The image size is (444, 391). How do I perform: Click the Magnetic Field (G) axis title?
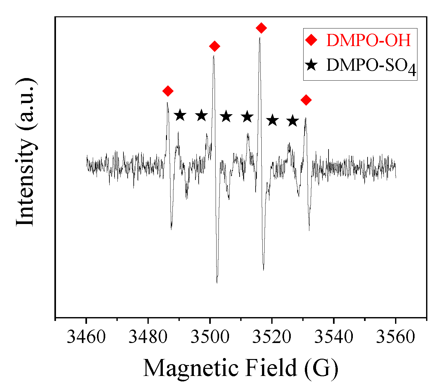(x=241, y=368)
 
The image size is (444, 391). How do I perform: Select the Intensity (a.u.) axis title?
(x=26, y=152)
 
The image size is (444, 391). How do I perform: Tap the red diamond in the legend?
(x=311, y=40)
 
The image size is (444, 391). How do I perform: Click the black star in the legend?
(x=311, y=65)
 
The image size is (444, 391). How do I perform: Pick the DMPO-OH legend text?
(x=369, y=41)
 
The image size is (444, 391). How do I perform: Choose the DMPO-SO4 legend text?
(x=371, y=66)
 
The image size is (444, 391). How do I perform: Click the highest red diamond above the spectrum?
(x=261, y=28)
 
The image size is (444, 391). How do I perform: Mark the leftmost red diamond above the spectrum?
(x=168, y=91)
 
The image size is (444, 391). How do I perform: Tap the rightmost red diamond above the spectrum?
(x=306, y=100)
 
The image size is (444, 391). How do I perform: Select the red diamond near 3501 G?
(x=215, y=46)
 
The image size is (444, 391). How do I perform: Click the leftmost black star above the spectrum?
(x=180, y=115)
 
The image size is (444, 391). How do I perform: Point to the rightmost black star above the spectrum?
(x=292, y=121)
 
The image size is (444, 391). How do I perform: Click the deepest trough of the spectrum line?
(x=217, y=283)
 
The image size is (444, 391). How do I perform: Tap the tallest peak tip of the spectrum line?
(x=259, y=38)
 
